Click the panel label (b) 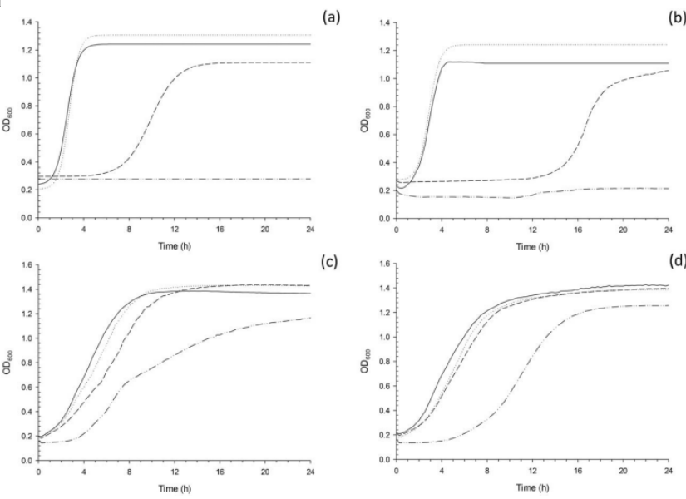[674, 14]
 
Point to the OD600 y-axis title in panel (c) [7, 363]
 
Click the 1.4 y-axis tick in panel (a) [26, 22]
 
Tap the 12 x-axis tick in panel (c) [174, 472]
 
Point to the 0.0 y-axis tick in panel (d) [383, 459]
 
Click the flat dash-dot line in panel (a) [208, 179]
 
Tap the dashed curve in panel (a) [150, 125]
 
